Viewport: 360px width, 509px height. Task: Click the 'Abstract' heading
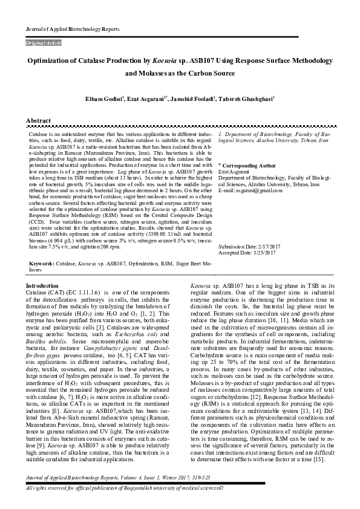click(x=38, y=121)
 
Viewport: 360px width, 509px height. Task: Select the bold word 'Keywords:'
click(x=41, y=264)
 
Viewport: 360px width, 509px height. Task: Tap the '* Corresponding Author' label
click(x=247, y=165)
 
